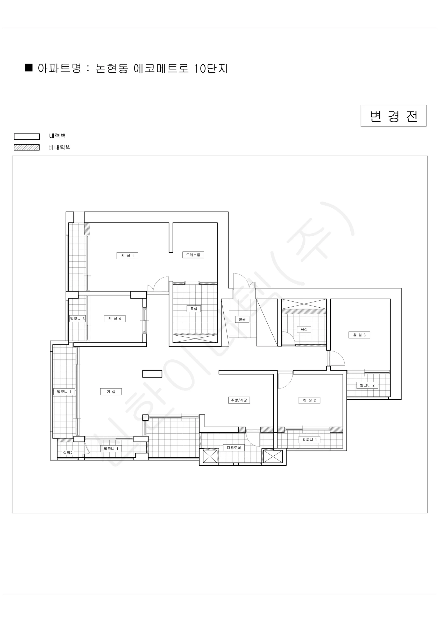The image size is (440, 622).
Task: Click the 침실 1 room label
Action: [x=127, y=256]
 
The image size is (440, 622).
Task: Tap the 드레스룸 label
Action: [x=193, y=255]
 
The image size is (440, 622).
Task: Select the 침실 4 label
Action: [x=115, y=319]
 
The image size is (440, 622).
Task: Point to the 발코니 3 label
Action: [x=77, y=319]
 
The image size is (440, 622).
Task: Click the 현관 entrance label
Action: [x=242, y=319]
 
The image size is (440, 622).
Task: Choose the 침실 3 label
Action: [x=359, y=335]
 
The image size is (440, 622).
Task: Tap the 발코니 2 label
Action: [x=367, y=385]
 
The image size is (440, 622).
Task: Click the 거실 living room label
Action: [x=111, y=392]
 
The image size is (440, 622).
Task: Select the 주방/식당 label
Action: [x=239, y=400]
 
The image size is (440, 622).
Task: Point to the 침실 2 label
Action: [x=309, y=400]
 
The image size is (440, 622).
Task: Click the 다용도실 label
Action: [x=234, y=448]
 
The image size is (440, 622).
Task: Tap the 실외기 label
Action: [x=68, y=453]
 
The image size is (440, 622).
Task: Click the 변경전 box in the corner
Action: [x=393, y=116]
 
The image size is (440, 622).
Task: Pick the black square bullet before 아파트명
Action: [x=29, y=67]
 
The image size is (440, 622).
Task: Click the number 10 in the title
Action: [x=200, y=68]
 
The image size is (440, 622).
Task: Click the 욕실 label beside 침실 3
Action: [x=304, y=329]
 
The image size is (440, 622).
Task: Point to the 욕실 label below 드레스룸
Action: [x=194, y=309]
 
